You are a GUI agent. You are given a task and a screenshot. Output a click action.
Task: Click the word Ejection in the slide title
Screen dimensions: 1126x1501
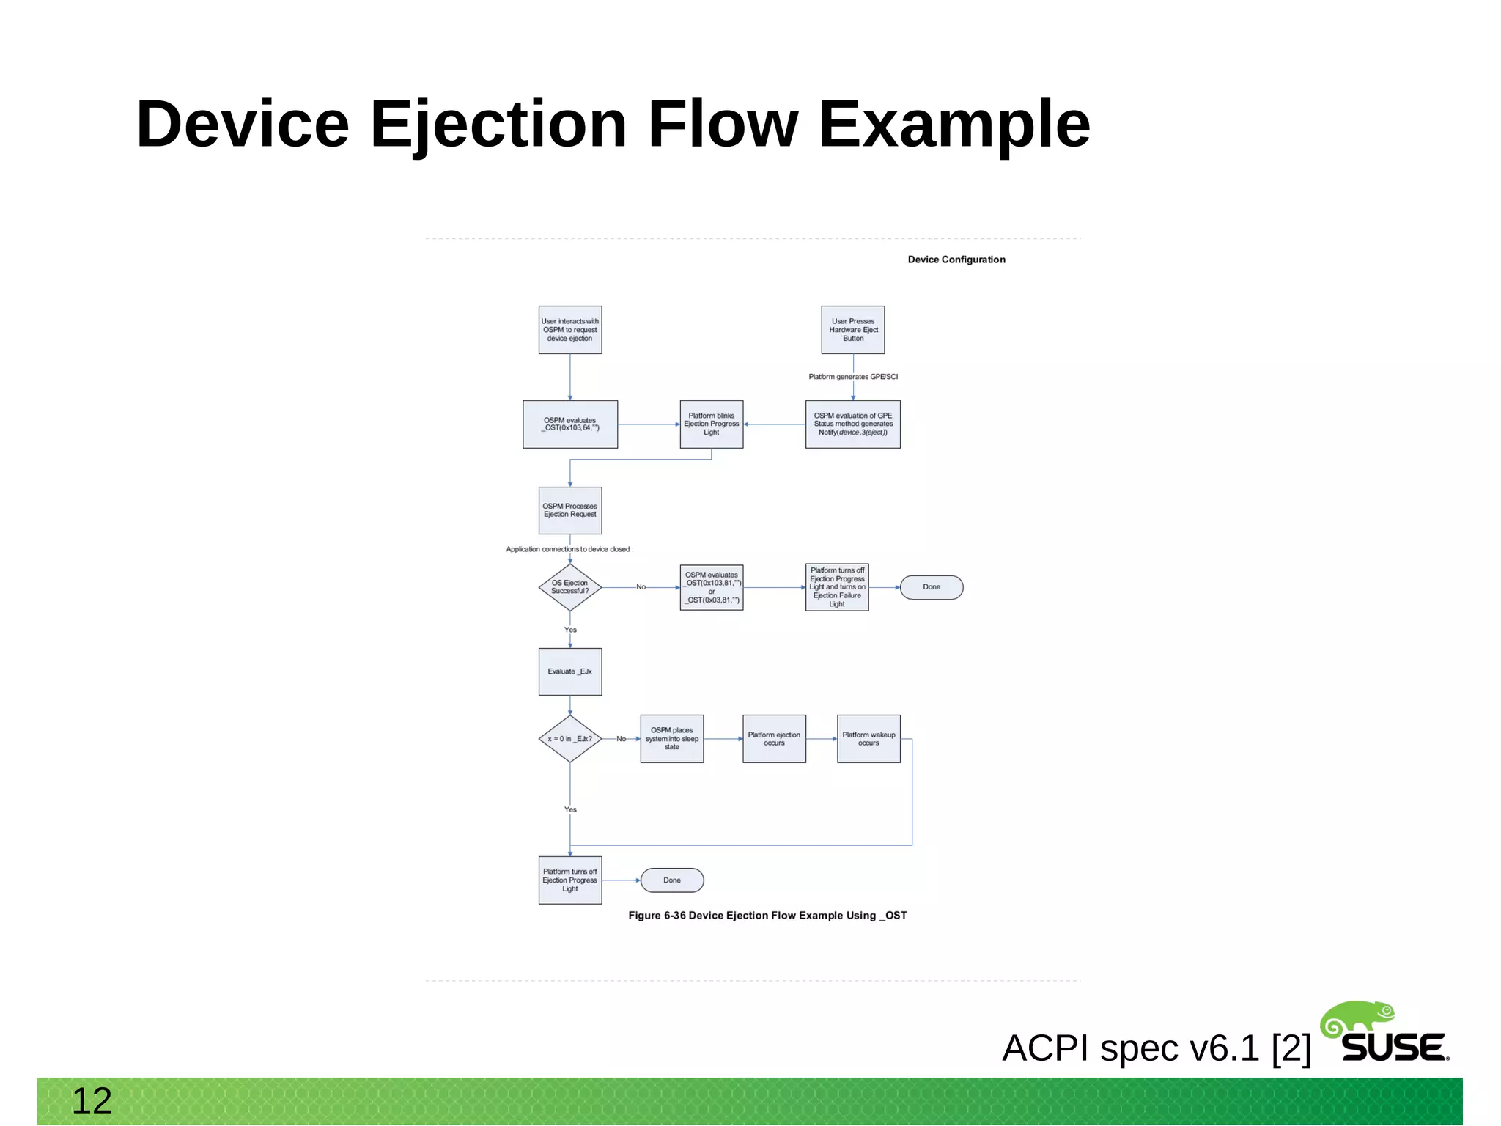(498, 125)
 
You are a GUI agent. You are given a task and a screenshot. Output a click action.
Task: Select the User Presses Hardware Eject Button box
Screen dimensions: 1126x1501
(852, 330)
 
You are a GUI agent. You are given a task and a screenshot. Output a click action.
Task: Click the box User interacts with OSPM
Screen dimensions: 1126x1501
(569, 330)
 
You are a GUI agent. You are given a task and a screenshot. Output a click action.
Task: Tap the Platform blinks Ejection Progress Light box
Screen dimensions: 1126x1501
(711, 424)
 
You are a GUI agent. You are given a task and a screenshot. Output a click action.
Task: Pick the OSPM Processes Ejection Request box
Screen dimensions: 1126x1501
(569, 510)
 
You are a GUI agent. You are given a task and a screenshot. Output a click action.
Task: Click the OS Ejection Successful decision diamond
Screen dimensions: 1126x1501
(569, 587)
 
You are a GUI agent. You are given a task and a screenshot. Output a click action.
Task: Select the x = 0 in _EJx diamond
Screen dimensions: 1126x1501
(569, 739)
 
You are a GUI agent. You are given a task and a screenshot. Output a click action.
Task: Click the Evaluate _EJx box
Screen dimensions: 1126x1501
(569, 671)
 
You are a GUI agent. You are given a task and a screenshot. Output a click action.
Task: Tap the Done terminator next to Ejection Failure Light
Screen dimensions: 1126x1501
(931, 587)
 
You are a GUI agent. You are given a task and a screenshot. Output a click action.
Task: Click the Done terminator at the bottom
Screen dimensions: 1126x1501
(671, 880)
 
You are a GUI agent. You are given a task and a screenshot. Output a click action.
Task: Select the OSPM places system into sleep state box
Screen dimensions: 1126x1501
(671, 739)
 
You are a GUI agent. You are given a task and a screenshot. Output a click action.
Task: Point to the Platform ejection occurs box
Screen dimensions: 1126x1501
(774, 739)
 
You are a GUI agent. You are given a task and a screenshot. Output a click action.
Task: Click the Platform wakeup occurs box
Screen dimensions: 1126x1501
(868, 739)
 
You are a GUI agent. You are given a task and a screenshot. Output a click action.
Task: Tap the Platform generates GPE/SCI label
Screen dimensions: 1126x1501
(852, 377)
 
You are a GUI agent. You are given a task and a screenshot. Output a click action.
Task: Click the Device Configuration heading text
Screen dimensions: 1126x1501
(956, 260)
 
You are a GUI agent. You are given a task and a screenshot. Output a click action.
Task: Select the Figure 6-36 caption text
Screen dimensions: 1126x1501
(767, 916)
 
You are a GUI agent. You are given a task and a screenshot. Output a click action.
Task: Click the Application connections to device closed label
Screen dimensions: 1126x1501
(568, 549)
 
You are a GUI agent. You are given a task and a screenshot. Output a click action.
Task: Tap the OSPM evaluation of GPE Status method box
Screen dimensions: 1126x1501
(852, 424)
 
